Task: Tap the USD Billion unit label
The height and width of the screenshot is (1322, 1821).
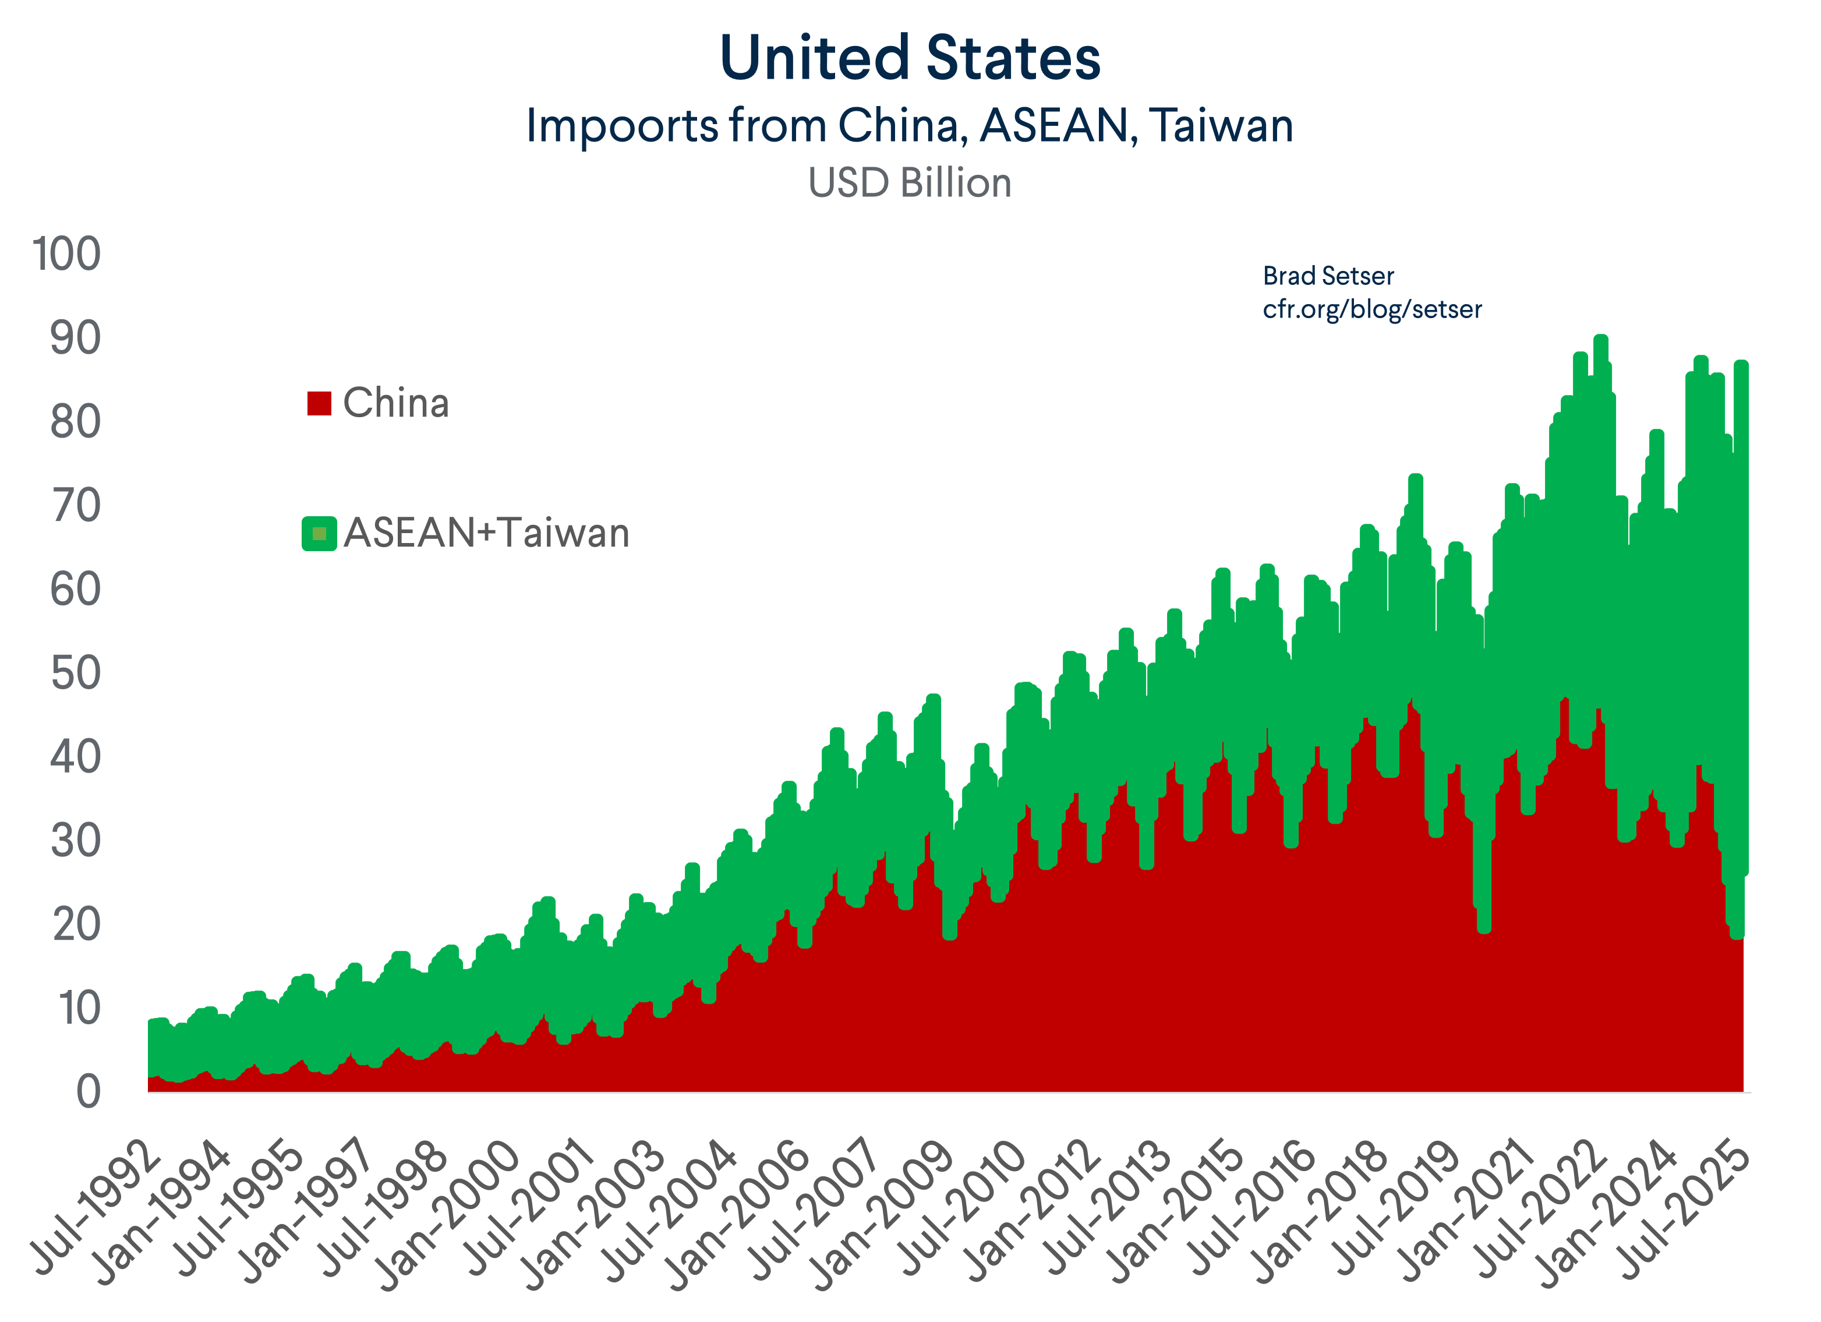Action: (x=910, y=183)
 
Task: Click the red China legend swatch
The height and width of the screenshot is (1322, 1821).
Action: (x=319, y=403)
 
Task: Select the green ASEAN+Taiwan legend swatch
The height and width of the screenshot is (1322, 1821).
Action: (x=319, y=533)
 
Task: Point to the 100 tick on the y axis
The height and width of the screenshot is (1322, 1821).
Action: (x=66, y=254)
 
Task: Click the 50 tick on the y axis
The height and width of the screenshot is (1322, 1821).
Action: (x=76, y=673)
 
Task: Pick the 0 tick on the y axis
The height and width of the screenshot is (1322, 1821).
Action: (x=89, y=1092)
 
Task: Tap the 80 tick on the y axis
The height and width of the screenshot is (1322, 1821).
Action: (x=76, y=422)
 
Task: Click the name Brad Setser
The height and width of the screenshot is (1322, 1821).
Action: (x=1328, y=276)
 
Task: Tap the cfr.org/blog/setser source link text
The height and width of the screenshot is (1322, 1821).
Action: (x=1371, y=309)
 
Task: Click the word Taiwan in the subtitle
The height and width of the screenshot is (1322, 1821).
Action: (x=1221, y=126)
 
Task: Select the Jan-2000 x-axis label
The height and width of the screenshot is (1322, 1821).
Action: (x=450, y=1213)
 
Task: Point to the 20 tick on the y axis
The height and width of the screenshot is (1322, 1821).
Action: (x=76, y=925)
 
